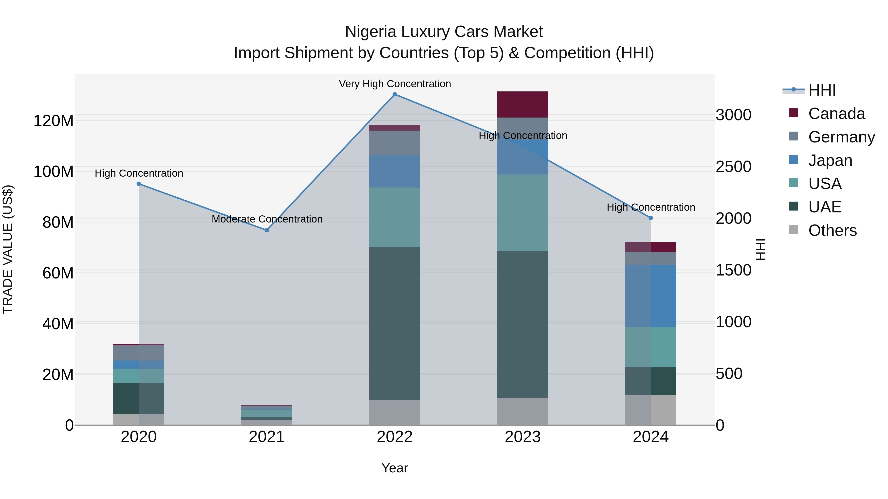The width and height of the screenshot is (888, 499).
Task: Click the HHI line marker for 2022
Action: coord(395,94)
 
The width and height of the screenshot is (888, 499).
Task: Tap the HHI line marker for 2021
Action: coord(266,230)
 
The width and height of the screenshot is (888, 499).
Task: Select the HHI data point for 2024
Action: coord(650,218)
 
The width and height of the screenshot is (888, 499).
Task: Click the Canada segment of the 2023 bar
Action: coord(523,104)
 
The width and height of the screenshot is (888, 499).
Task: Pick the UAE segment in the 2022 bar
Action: coord(395,323)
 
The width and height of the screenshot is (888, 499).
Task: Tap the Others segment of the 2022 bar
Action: coord(395,412)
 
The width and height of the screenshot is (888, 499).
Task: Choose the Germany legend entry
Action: coord(841,137)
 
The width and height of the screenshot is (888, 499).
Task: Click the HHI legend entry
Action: coord(822,90)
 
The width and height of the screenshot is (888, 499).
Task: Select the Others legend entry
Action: coord(832,230)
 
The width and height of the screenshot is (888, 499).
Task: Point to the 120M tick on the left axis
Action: coord(54,121)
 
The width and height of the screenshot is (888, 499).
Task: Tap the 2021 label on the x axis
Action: coord(266,437)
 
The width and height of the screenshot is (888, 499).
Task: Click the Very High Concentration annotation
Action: coord(395,84)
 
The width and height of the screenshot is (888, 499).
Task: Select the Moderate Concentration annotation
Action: coord(267,219)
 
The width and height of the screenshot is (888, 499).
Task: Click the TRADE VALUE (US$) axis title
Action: coord(8,249)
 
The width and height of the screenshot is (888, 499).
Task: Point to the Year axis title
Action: coord(395,468)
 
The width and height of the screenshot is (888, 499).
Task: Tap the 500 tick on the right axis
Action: coord(729,374)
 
